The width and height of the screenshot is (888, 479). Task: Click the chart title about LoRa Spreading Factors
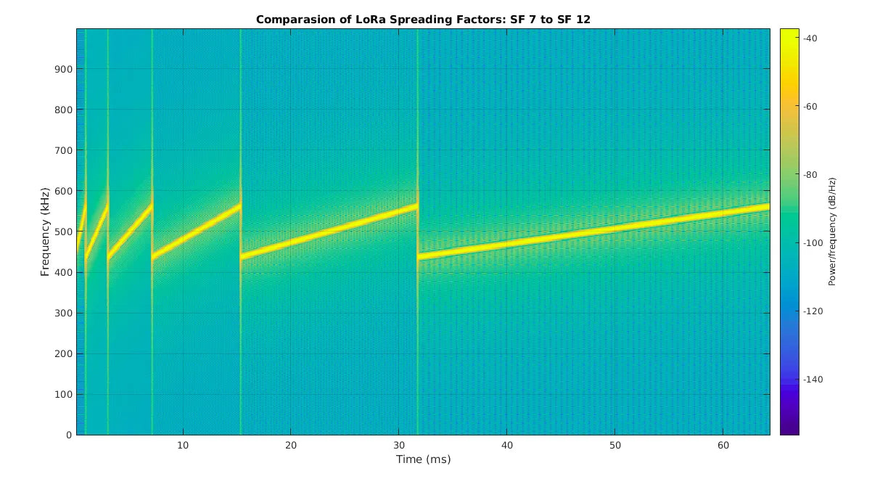[x=423, y=20]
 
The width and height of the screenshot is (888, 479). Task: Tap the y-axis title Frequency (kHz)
[x=45, y=232]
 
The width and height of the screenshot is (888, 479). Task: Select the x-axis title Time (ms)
[x=423, y=459]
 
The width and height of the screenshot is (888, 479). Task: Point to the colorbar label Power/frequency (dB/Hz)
[x=832, y=232]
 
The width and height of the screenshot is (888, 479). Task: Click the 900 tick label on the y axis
[x=62, y=69]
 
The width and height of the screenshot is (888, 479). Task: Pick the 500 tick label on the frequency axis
[x=62, y=232]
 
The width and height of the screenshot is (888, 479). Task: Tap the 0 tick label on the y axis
[x=68, y=435]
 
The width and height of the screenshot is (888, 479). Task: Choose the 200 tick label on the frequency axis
[x=62, y=353]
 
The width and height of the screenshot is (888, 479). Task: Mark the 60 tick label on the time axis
[x=723, y=445]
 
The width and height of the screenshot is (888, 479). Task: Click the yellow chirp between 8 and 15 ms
[x=196, y=232]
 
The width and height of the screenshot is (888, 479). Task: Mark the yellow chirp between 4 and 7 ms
[x=131, y=230]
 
